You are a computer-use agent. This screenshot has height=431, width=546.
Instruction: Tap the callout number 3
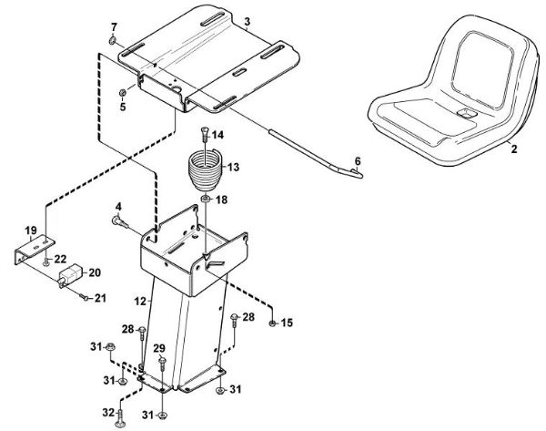click(x=247, y=19)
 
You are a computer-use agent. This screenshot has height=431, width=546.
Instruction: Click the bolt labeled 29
click(x=162, y=363)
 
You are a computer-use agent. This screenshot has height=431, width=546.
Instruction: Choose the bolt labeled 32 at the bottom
click(x=121, y=417)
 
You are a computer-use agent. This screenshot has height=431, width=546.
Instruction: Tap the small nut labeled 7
click(x=111, y=41)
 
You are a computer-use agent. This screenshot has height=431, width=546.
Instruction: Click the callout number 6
click(x=358, y=159)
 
